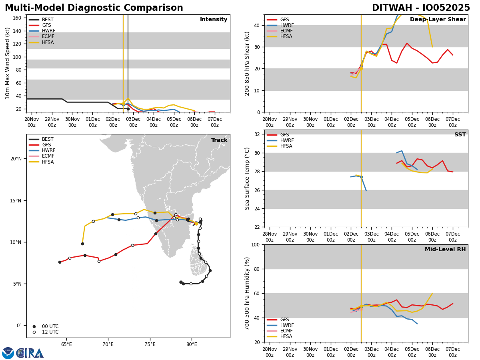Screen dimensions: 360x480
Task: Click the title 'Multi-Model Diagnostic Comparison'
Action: point(94,8)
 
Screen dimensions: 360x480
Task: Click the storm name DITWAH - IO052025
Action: point(421,8)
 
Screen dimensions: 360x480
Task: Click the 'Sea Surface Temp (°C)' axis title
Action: point(248,178)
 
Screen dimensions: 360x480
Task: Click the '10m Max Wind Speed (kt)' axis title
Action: point(8,63)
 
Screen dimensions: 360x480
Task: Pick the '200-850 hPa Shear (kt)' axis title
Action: point(248,63)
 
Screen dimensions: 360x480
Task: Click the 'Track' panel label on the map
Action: point(219,140)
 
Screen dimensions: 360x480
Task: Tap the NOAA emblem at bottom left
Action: point(8,353)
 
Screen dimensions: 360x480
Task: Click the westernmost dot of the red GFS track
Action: point(60,262)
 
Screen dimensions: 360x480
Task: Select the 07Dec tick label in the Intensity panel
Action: point(215,122)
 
